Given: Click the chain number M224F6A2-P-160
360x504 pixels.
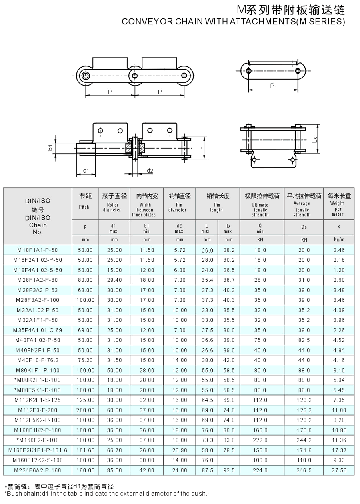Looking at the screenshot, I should click(38, 470).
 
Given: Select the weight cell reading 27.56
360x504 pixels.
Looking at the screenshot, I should click(339, 470).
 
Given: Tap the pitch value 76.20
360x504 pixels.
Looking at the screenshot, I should click(85, 360).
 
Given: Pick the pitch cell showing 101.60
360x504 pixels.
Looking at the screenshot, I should click(85, 450).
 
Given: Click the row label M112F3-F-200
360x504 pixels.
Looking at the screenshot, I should click(38, 410).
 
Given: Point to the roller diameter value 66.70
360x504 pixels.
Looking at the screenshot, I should click(114, 450).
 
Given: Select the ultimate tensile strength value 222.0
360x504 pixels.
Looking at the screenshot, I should click(260, 440).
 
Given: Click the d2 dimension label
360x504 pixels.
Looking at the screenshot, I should click(150, 171).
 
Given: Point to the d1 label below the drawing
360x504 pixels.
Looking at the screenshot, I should click(86, 171).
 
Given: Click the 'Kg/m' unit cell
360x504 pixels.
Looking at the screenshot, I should click(339, 240).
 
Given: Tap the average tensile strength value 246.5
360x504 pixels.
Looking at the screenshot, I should click(304, 470).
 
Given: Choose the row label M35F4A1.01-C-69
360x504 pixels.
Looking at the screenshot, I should click(38, 330).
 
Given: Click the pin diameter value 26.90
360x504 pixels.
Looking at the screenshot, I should click(179, 450).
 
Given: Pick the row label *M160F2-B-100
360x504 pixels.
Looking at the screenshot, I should click(38, 440).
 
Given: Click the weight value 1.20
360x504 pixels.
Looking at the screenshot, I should click(339, 270).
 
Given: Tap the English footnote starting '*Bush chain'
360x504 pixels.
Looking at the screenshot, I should click(106, 494).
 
